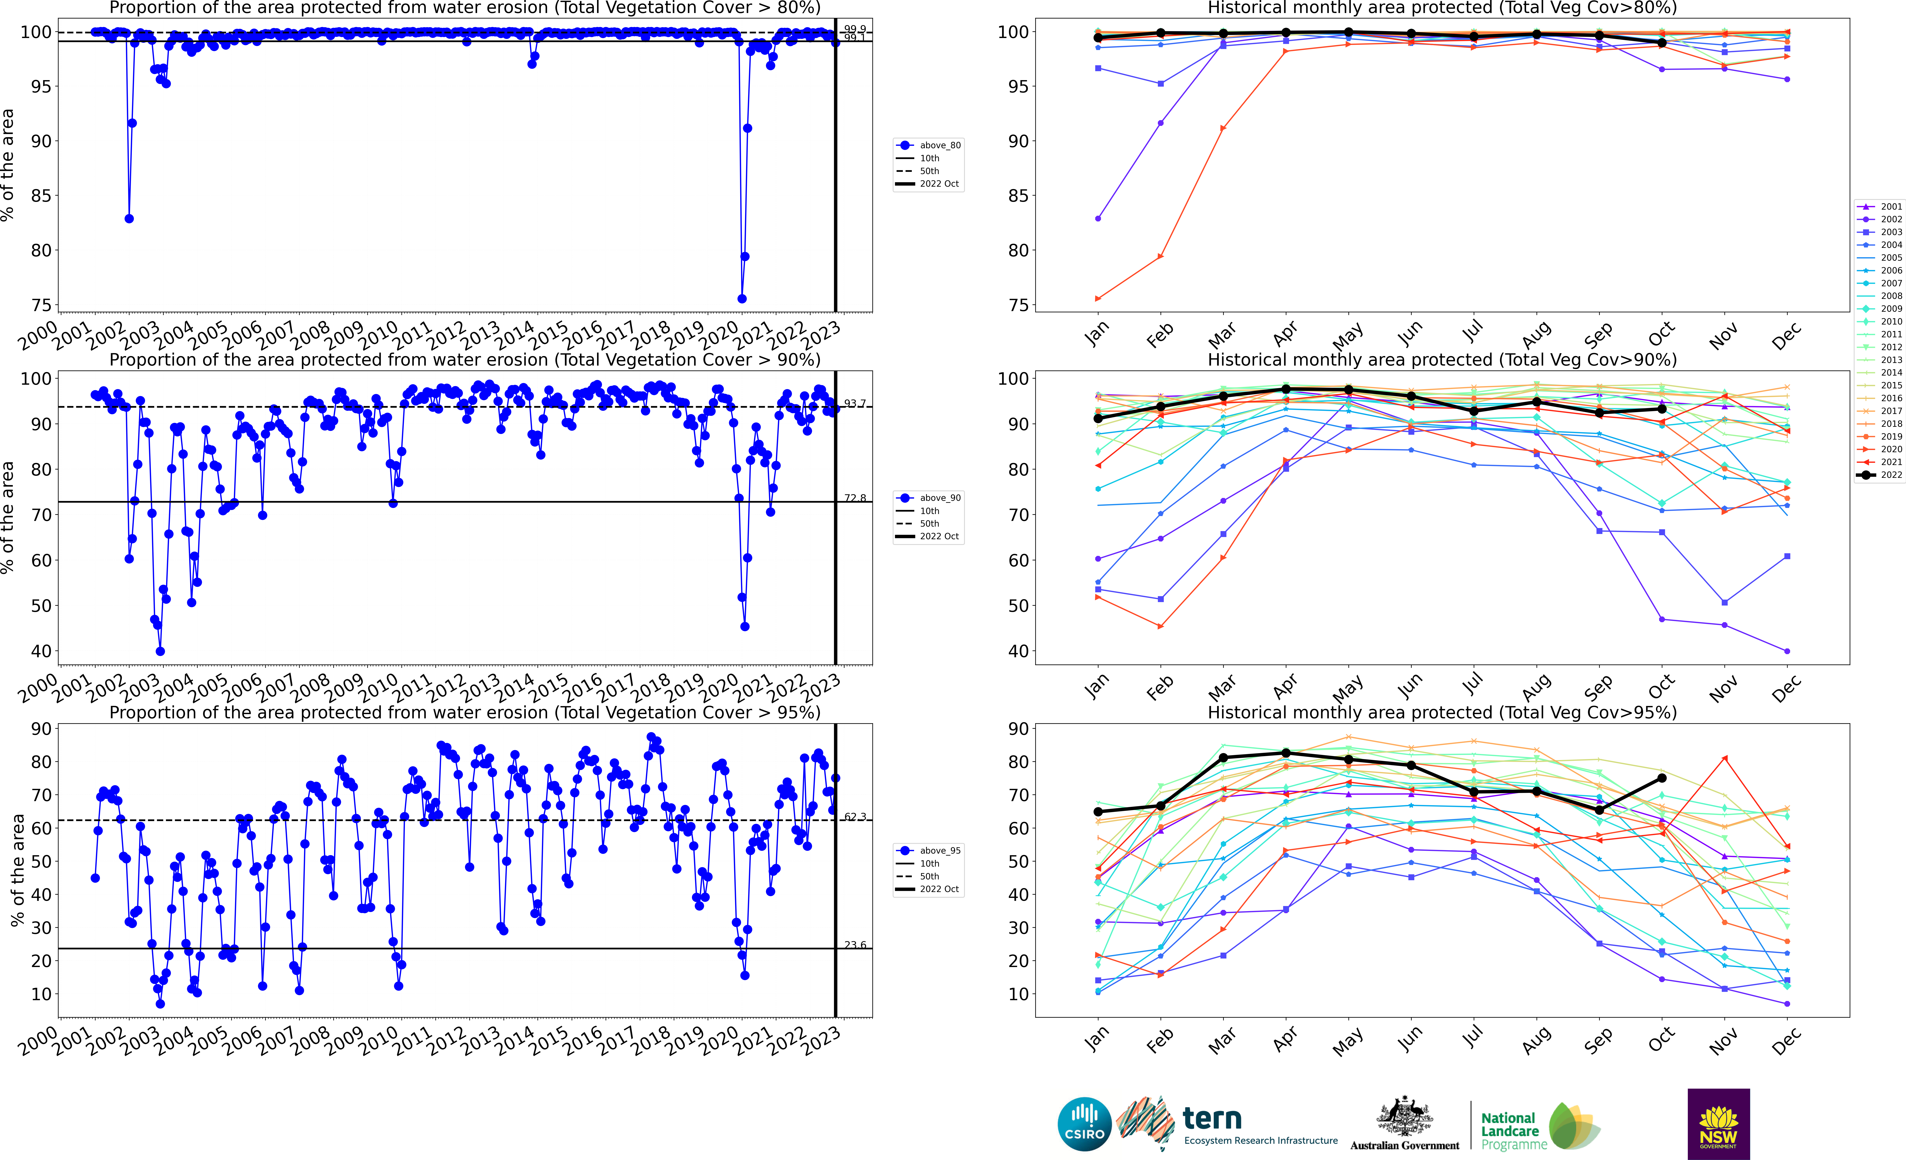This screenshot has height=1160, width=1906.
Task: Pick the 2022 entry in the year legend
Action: point(1880,475)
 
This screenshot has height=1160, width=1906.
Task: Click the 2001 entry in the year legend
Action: point(1880,206)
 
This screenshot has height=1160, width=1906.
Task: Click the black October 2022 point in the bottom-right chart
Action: point(1662,778)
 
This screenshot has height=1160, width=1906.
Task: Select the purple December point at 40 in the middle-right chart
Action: point(1787,651)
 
